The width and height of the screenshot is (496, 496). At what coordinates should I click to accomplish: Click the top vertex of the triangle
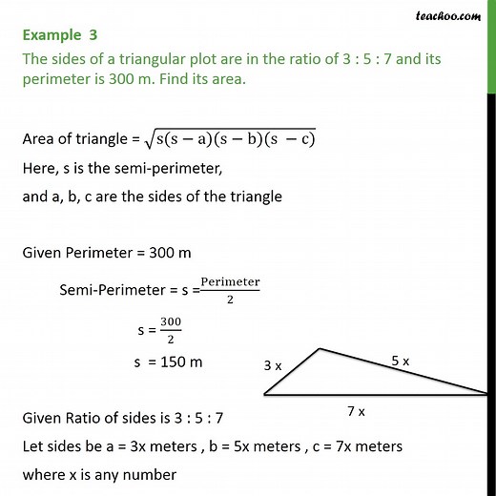[x=320, y=349]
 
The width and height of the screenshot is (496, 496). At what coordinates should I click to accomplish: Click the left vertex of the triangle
[x=264, y=393]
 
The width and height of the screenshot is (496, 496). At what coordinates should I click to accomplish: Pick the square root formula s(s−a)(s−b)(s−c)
[x=237, y=139]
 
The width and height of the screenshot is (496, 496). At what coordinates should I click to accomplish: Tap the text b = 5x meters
[x=235, y=446]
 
